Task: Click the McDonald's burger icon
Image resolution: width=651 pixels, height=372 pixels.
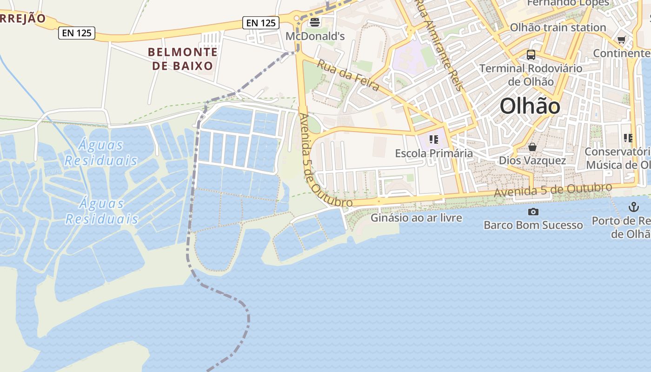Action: (315, 22)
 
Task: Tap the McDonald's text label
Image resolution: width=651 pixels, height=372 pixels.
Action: (315, 36)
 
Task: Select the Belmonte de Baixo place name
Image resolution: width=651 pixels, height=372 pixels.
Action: (183, 59)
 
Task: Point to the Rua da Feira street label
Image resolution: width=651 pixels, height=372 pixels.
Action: (348, 75)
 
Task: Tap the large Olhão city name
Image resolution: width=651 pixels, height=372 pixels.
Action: (530, 106)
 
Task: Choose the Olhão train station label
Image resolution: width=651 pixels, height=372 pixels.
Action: (558, 27)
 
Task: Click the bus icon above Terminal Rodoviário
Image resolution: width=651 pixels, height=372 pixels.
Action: (531, 55)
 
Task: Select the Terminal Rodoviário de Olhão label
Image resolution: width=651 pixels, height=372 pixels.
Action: (531, 75)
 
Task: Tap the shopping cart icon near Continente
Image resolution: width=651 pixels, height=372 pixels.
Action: (622, 40)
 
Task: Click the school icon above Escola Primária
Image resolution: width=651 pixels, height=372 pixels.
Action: (434, 139)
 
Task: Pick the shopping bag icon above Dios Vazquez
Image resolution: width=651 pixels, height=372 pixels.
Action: (532, 147)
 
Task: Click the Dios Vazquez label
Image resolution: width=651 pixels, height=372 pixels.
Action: (532, 160)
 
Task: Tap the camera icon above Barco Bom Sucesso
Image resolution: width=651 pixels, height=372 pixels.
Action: (533, 212)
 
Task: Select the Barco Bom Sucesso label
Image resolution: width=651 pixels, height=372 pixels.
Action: (533, 225)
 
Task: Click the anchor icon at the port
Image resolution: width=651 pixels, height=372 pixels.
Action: (634, 206)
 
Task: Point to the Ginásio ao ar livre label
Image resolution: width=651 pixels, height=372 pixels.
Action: (416, 218)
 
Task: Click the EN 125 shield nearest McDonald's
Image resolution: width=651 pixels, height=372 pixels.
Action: (260, 22)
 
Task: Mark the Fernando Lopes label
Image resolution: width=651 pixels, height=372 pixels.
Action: (568, 3)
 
